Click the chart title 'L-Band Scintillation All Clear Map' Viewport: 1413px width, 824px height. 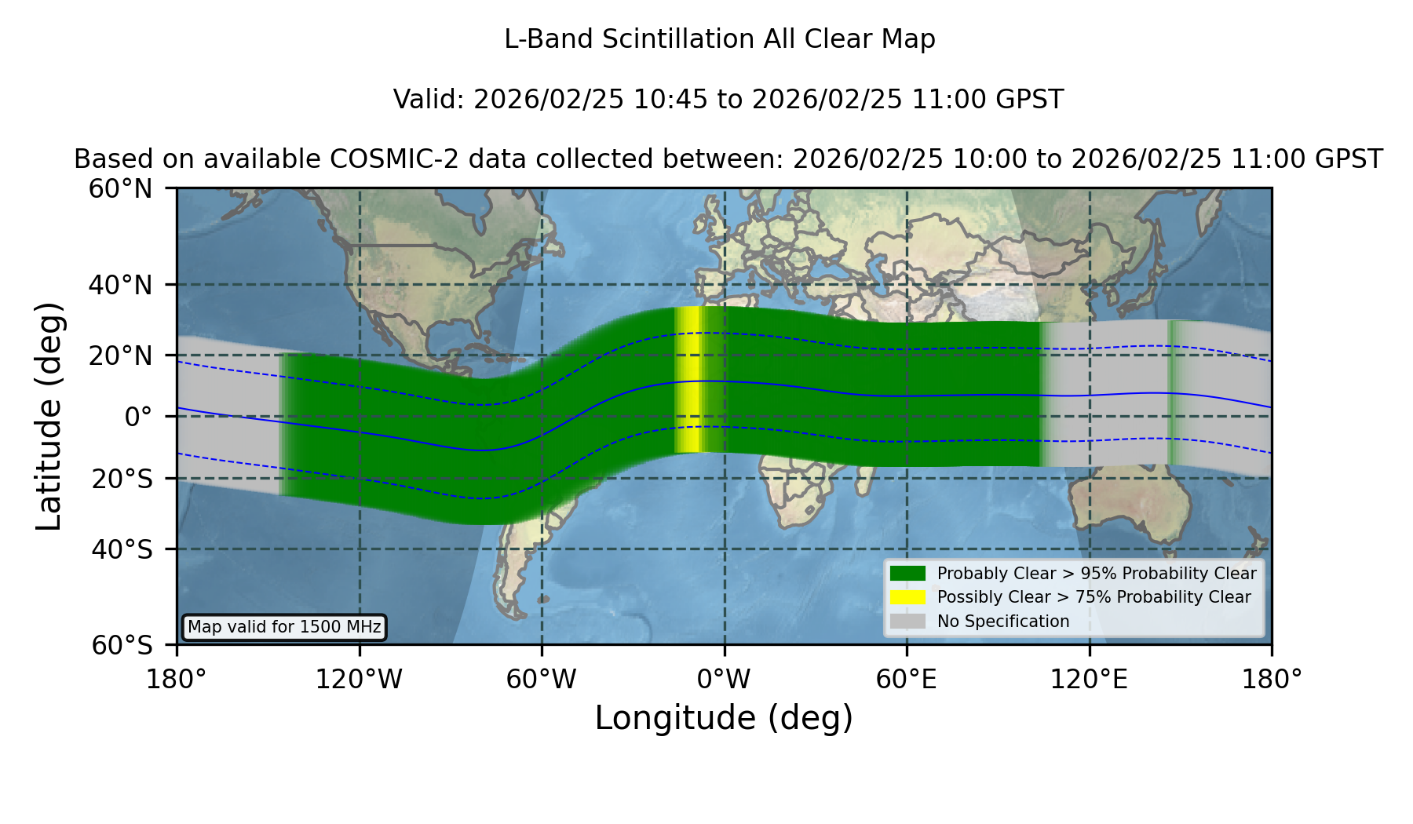(x=719, y=39)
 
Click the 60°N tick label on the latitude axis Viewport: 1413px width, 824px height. (x=121, y=189)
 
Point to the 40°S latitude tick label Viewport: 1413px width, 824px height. (x=122, y=549)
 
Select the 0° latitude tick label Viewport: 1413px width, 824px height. (x=138, y=417)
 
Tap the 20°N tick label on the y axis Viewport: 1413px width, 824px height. (x=121, y=355)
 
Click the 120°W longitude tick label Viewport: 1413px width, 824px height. (x=359, y=680)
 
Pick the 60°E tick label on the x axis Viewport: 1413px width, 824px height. (x=907, y=680)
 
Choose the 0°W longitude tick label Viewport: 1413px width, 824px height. (x=725, y=680)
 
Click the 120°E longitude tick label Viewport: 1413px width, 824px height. (x=1089, y=680)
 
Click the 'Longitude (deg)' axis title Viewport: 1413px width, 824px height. (x=724, y=718)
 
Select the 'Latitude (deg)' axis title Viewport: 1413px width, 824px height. (x=49, y=416)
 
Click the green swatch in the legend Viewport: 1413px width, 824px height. (x=907, y=574)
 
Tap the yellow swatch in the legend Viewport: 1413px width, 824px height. (x=907, y=597)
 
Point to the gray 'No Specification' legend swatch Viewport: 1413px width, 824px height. (x=907, y=622)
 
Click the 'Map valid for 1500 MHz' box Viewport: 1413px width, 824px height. (x=284, y=627)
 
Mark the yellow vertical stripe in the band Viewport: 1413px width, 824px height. (x=689, y=380)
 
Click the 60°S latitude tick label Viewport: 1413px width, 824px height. (x=122, y=646)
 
